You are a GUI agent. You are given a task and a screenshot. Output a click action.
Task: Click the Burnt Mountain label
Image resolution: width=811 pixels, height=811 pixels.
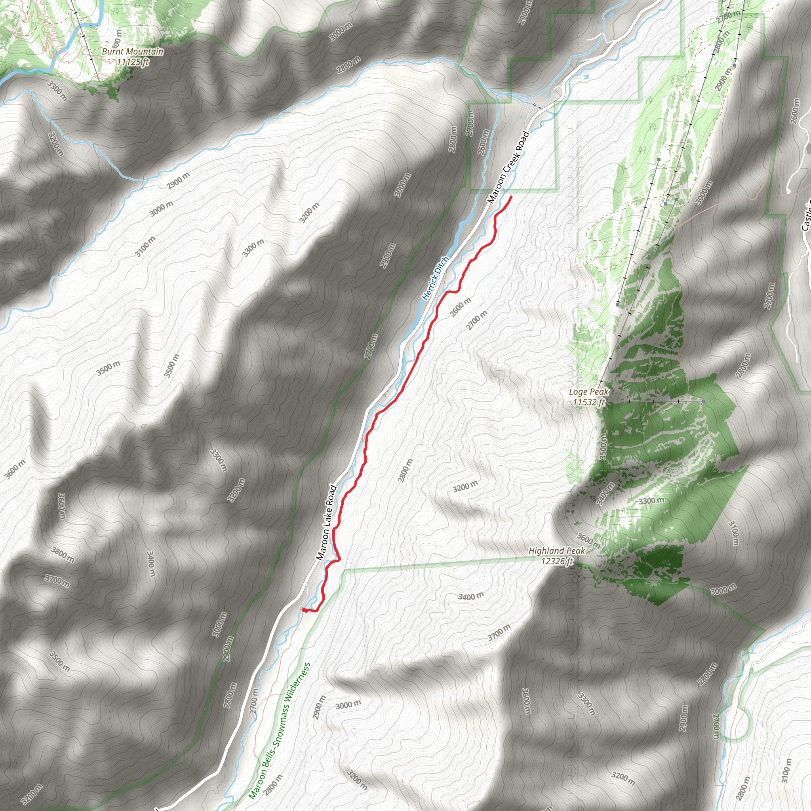(x=133, y=51)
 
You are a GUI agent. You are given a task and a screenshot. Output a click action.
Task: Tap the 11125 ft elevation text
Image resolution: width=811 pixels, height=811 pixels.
(x=133, y=62)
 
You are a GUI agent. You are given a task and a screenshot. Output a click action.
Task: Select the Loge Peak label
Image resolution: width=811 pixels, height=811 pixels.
(x=588, y=392)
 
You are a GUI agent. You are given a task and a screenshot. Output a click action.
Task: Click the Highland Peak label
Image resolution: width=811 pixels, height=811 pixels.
(x=557, y=550)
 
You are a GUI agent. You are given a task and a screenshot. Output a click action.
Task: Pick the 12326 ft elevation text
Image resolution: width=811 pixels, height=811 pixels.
(x=557, y=561)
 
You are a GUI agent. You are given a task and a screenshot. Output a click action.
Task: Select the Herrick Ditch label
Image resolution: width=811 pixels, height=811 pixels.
(x=435, y=278)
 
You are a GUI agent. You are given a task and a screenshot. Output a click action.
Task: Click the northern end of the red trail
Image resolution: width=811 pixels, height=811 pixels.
(x=511, y=196)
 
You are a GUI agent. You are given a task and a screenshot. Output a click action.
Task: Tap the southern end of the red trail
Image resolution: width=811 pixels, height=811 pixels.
(x=303, y=609)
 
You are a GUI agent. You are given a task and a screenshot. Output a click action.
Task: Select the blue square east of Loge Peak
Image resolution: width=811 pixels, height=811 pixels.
(x=703, y=401)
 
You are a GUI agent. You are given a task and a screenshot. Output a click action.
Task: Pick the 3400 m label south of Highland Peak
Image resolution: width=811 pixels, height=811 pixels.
(x=470, y=596)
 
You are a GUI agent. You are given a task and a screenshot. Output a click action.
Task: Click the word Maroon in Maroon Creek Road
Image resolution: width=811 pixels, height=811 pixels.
(x=495, y=192)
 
